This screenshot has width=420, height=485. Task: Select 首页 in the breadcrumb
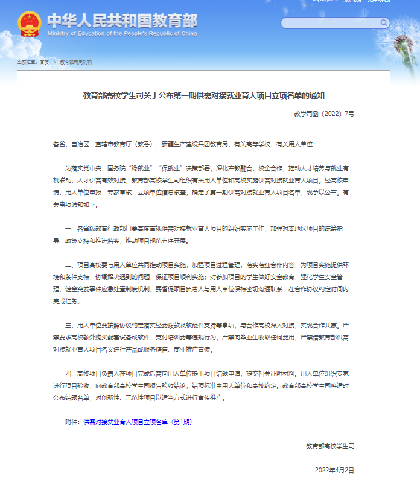[45, 62]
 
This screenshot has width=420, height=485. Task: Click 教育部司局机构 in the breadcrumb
[75, 62]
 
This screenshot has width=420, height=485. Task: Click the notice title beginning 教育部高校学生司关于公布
[203, 95]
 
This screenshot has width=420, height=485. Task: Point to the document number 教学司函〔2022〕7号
[324, 113]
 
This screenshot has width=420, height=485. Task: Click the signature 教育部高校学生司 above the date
[330, 446]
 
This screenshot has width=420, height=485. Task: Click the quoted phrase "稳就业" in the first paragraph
[141, 168]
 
